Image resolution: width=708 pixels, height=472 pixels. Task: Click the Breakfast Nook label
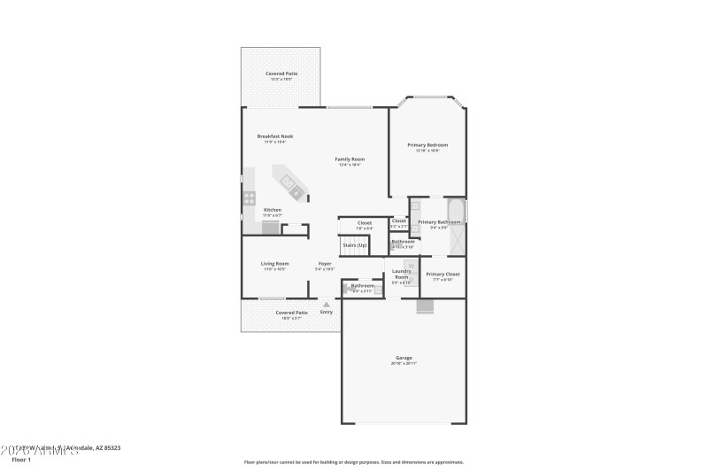tap(275, 136)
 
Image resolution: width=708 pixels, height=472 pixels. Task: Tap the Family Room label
tap(350, 159)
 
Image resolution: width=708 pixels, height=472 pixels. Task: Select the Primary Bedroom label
tap(427, 144)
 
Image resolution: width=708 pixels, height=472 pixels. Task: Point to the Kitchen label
tap(273, 210)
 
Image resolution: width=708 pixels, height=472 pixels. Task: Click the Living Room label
tap(274, 264)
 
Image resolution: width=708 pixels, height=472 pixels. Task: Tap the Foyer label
tap(325, 264)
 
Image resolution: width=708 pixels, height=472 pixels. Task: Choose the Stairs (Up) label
tap(355, 244)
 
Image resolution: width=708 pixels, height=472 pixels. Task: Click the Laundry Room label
tap(401, 274)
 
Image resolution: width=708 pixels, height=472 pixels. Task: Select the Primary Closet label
tap(442, 275)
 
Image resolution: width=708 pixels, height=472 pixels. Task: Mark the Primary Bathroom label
tap(439, 222)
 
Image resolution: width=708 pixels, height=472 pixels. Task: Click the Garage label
tap(404, 358)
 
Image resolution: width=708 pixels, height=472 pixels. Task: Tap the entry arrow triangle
tap(326, 305)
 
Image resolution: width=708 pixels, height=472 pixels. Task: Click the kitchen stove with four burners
tap(250, 198)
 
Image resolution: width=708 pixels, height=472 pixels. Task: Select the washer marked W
tap(410, 266)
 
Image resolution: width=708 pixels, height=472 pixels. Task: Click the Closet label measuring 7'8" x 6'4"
tap(365, 223)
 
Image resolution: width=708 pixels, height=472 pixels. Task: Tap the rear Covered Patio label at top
tap(281, 74)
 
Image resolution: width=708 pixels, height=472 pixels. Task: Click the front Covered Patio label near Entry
tap(291, 313)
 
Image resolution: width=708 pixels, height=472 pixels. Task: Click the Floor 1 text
tap(20, 460)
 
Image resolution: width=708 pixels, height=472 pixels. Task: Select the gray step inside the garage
tap(427, 306)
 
